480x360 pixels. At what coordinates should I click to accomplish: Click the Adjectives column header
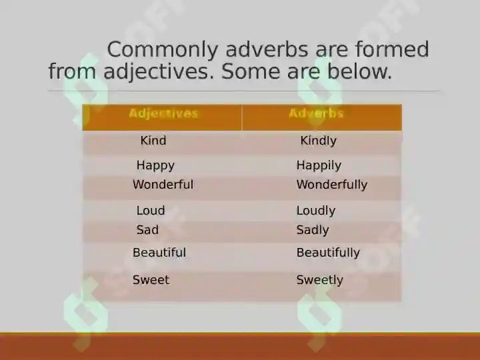(x=163, y=113)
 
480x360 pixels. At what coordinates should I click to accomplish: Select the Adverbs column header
(x=316, y=113)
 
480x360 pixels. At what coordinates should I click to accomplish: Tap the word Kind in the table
(x=153, y=141)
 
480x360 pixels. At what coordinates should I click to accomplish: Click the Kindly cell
(x=319, y=141)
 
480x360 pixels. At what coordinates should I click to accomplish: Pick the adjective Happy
(x=155, y=165)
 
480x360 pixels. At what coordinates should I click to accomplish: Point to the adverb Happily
(x=319, y=165)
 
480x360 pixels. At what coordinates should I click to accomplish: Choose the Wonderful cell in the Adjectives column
(x=163, y=185)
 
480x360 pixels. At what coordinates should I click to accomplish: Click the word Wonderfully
(x=332, y=185)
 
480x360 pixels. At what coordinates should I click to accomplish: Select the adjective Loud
(x=151, y=211)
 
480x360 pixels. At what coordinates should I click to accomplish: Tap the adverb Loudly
(x=316, y=211)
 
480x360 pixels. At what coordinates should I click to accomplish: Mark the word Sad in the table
(x=147, y=230)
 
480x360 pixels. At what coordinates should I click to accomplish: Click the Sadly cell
(x=313, y=230)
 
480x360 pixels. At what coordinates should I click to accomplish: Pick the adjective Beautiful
(x=159, y=253)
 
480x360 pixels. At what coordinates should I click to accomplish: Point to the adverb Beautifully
(x=328, y=253)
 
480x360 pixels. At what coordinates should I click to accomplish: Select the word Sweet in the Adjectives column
(x=151, y=280)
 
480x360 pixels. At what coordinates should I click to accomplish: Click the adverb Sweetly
(x=319, y=280)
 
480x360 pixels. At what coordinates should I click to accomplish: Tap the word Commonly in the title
(x=163, y=50)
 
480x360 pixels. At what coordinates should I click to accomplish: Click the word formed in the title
(x=392, y=49)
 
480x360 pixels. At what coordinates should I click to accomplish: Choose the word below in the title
(x=360, y=71)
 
